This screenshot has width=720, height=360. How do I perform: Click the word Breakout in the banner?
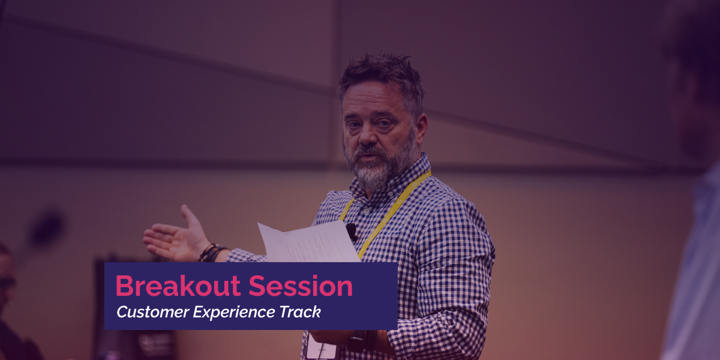click(178, 286)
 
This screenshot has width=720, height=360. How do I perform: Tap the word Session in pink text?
click(301, 286)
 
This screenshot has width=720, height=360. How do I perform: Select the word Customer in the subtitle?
click(153, 312)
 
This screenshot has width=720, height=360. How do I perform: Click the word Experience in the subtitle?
click(234, 313)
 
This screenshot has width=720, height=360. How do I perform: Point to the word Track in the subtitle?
click(300, 312)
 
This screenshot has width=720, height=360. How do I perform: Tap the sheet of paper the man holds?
click(308, 242)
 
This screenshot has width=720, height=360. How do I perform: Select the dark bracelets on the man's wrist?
click(212, 253)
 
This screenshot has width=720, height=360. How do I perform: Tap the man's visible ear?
click(420, 128)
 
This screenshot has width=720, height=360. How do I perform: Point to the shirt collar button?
click(367, 211)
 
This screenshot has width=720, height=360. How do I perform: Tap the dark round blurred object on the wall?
click(47, 229)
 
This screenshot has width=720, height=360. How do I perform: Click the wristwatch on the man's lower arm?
click(358, 341)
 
